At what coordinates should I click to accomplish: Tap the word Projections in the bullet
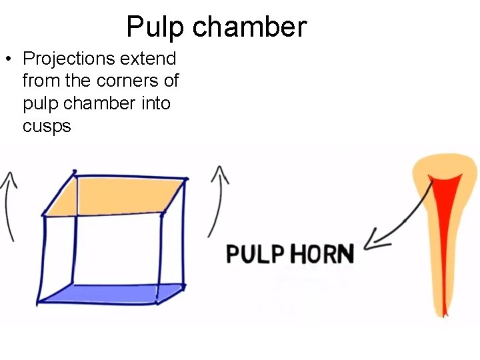pos(69,59)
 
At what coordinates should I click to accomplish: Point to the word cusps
pos(47,127)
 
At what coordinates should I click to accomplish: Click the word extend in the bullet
pos(148,59)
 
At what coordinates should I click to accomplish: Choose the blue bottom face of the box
pos(110,295)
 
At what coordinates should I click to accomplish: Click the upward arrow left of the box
pos(9,203)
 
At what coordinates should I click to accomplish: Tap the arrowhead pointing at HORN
pos(375,240)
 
